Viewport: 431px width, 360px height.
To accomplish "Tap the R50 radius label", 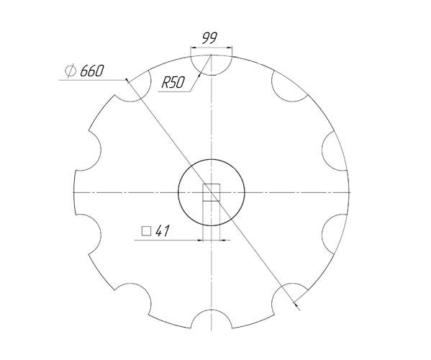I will click(173, 83).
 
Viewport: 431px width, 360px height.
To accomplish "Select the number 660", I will click(92, 71).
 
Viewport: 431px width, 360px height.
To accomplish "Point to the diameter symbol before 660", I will click(71, 71).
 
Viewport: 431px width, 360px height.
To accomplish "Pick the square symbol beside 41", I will click(146, 231).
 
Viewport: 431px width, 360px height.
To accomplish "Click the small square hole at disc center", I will click(211, 192).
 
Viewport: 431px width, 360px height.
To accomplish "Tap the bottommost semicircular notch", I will click(211, 322).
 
